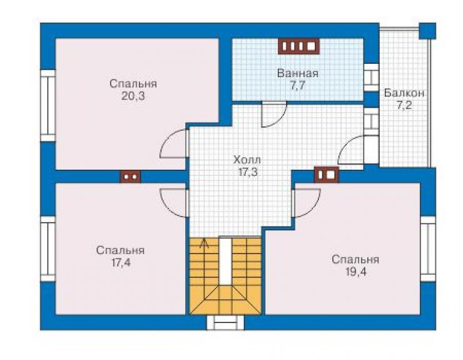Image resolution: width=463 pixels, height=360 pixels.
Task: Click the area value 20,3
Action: [133, 96]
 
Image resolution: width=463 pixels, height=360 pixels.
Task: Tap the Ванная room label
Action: [298, 73]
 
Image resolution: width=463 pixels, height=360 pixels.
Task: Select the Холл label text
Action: [247, 160]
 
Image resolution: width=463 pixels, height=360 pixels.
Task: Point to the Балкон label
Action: [404, 93]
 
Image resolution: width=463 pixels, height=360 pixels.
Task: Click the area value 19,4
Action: [356, 272]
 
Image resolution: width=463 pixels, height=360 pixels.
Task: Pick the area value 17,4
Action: [120, 262]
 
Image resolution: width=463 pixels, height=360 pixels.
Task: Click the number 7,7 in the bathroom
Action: [298, 86]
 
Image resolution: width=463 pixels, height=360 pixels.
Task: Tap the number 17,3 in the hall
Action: [248, 172]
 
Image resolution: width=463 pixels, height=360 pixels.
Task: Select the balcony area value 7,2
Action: [404, 106]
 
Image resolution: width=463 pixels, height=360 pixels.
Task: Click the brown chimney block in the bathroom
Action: [298, 46]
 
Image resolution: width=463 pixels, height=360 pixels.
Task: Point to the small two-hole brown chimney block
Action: [131, 177]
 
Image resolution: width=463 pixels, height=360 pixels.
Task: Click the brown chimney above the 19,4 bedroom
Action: [326, 175]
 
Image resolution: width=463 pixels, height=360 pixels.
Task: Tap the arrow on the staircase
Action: [203, 243]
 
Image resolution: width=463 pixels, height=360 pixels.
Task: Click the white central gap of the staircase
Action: [225, 261]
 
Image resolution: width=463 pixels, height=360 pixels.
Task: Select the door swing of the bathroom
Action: [274, 115]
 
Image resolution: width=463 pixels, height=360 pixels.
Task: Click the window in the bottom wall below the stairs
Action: [226, 322]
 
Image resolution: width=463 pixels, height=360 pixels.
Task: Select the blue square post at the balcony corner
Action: [427, 31]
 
